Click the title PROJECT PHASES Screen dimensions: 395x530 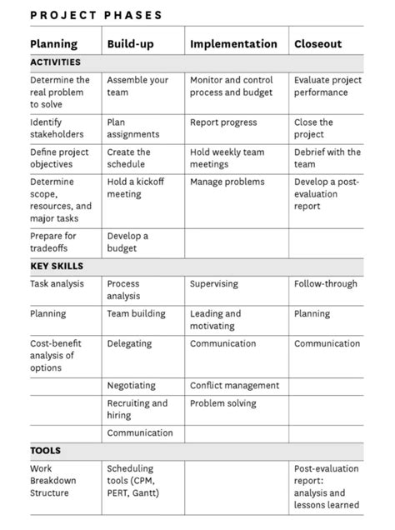tap(97, 15)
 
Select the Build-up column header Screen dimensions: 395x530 tap(131, 44)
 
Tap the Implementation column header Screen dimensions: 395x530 tap(233, 44)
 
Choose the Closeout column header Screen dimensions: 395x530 tap(317, 44)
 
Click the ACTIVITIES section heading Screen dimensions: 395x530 tap(56, 62)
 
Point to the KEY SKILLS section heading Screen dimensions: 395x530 tap(57, 267)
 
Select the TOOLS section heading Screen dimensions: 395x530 tap(45, 451)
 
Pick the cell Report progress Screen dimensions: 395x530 tap(223, 122)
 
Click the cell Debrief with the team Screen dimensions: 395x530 tap(327, 158)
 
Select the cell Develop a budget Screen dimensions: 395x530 tap(127, 242)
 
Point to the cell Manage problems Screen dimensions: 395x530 tap(227, 182)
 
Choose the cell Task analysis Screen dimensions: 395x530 tap(57, 284)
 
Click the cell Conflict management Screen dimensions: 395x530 tap(234, 386)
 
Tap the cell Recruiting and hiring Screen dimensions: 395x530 tap(137, 409)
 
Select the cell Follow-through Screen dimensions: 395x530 tap(325, 284)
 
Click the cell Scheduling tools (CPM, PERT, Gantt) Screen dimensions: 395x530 tap(136, 481)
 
